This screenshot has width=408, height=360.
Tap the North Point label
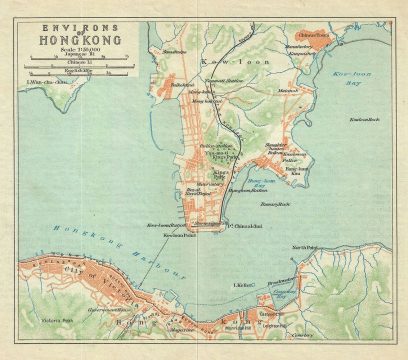click(x=302, y=247)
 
